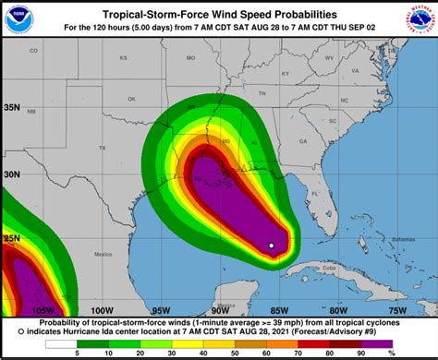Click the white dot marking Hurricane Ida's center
point(271,245)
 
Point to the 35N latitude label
point(12,107)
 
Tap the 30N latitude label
point(12,173)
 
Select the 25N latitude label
point(12,238)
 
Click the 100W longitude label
point(102,310)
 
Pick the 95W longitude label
point(161,310)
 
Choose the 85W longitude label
point(278,310)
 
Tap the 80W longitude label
point(337,310)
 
